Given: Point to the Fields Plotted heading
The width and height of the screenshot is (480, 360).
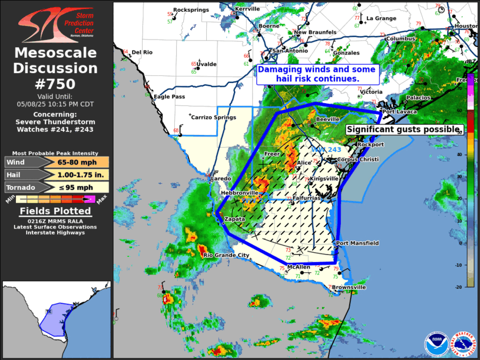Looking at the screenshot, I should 56,211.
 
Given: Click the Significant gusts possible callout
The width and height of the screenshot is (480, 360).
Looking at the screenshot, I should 403,129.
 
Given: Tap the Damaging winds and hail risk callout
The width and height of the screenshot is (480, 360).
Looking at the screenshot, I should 317,74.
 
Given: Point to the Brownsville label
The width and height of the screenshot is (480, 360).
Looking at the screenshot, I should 349,287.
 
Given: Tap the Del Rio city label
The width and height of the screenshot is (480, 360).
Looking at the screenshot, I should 142,52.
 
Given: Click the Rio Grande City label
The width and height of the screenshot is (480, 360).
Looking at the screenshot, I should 226,255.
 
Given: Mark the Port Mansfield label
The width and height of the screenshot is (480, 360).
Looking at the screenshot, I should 357,243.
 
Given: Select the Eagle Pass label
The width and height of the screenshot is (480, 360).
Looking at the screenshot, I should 170,97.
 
